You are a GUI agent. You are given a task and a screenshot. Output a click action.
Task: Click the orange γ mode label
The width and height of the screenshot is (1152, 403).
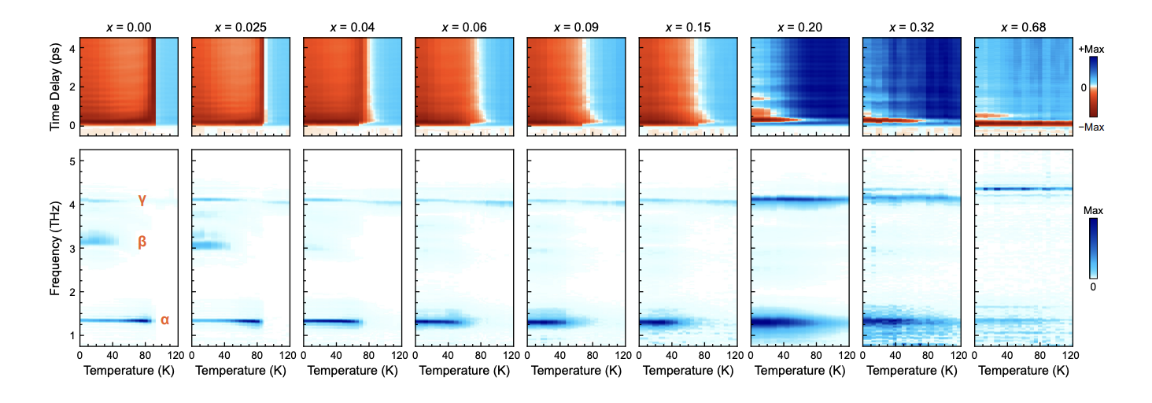pos(142,200)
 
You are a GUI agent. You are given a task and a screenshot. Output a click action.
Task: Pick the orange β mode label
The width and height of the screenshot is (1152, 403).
pos(142,242)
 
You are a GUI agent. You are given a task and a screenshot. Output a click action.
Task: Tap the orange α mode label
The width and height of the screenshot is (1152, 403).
pos(164,320)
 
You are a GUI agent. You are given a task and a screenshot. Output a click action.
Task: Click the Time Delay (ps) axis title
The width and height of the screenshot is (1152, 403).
pos(55,87)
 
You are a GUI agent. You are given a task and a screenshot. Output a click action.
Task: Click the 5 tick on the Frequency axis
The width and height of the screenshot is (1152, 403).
pos(72,162)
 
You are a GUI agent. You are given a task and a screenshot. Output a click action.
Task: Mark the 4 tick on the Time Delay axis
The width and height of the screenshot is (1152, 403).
pos(72,49)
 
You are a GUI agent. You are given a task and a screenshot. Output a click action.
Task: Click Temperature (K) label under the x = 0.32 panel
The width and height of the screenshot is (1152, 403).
pos(911,370)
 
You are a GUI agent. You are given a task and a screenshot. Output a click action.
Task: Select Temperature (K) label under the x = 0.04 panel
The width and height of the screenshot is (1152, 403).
pos(353,370)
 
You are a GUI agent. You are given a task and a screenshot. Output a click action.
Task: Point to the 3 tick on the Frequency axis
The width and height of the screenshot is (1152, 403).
pos(72,249)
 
